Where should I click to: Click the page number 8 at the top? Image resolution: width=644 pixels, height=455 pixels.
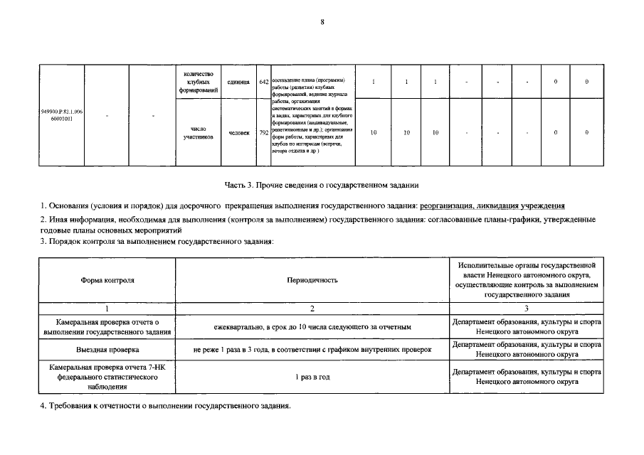(322, 22)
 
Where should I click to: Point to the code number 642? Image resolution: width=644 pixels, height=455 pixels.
(263, 82)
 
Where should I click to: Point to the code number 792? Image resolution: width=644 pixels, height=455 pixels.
(263, 132)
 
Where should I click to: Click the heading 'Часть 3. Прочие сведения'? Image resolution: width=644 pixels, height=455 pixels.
(322, 186)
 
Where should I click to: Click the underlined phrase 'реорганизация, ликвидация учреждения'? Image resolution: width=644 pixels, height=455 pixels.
(492, 205)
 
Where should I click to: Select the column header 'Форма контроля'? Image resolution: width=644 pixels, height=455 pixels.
(107, 280)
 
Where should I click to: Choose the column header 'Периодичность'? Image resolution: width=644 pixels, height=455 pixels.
(312, 280)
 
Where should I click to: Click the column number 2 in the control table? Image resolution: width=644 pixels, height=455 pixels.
(312, 309)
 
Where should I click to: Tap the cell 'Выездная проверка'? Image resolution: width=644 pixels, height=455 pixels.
(107, 350)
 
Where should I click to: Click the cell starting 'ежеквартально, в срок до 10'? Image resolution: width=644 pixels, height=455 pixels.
(312, 327)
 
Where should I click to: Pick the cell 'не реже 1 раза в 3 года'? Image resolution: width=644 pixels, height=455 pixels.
(312, 350)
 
